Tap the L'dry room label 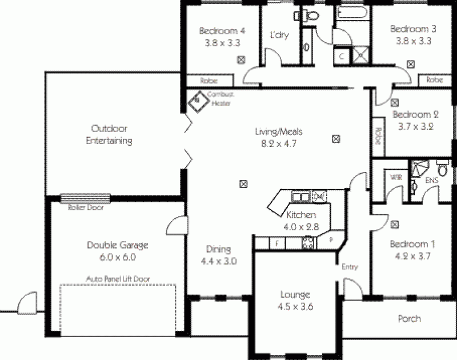[x=279, y=35]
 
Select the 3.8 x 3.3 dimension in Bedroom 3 [x=413, y=41]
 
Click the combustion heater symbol [x=198, y=101]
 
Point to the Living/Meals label [x=278, y=132]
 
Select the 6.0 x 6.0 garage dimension [x=118, y=257]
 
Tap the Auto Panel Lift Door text [x=117, y=279]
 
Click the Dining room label [x=218, y=249]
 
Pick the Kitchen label [x=300, y=215]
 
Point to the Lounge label [x=295, y=295]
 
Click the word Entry [x=350, y=267]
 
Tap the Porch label [x=409, y=318]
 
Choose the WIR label [x=396, y=178]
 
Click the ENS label [x=432, y=182]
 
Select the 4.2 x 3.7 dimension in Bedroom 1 [x=412, y=257]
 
